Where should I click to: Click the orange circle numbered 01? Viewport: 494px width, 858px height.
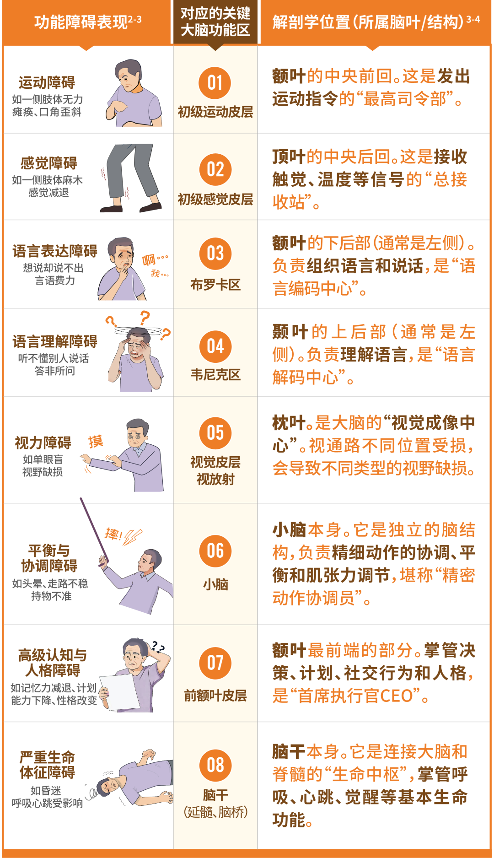coord(215,83)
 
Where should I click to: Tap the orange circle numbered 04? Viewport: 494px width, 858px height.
coord(215,346)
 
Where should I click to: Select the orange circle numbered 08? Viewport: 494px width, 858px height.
coord(215,765)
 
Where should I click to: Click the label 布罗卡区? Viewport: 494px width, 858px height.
coord(215,285)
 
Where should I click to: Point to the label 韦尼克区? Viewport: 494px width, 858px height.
coord(215,375)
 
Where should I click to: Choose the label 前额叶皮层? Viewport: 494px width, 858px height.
coord(215,696)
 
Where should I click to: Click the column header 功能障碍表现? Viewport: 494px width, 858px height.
coord(81,22)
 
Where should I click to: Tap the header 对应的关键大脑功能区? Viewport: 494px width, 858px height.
coord(215,22)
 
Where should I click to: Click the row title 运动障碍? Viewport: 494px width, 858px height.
coord(47,83)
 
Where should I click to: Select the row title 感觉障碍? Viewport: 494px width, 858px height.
coord(49,163)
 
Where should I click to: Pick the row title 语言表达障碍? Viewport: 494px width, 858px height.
coord(55,251)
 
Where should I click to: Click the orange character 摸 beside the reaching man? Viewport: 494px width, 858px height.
coord(96,442)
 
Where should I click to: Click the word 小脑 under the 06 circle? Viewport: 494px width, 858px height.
coord(215,584)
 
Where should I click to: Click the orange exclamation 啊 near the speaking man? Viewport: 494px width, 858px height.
coord(149,260)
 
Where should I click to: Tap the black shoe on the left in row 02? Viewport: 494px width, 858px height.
coord(111,209)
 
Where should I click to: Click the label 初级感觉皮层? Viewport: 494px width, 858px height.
coord(215,199)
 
